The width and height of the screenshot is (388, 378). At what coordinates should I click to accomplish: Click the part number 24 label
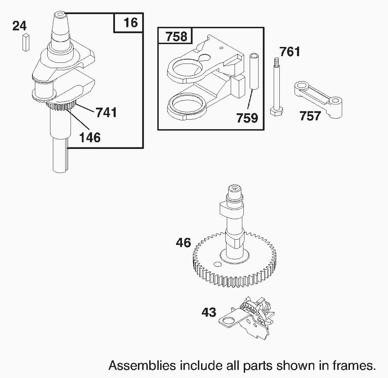19,26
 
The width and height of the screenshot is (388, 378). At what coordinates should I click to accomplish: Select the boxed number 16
131,23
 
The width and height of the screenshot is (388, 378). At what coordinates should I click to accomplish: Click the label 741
106,112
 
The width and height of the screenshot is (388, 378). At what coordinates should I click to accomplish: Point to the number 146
90,138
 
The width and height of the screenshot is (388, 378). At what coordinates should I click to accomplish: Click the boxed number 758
176,36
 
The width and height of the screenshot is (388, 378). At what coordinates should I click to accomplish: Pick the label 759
247,118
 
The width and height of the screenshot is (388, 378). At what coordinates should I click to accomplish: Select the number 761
290,52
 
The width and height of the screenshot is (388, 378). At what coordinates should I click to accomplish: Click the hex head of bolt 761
277,112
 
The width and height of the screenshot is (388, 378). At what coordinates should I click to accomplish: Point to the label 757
310,116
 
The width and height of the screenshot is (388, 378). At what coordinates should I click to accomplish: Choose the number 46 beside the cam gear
183,242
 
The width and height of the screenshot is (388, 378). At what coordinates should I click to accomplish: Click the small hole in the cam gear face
217,264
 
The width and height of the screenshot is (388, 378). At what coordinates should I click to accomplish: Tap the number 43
209,312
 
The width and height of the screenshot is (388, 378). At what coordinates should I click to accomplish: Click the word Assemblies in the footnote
143,365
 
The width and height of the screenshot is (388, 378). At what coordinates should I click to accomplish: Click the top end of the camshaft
234,191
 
